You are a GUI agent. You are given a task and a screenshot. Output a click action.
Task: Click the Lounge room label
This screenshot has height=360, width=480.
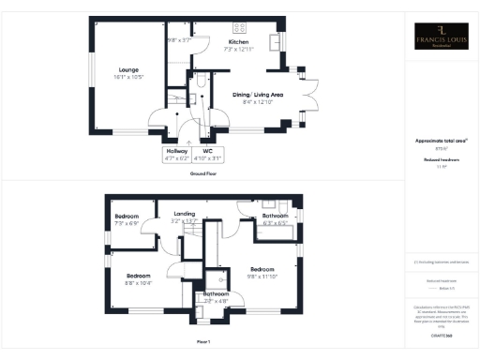point(128,67)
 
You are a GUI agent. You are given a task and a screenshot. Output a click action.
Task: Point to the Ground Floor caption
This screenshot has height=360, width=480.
point(205,173)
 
